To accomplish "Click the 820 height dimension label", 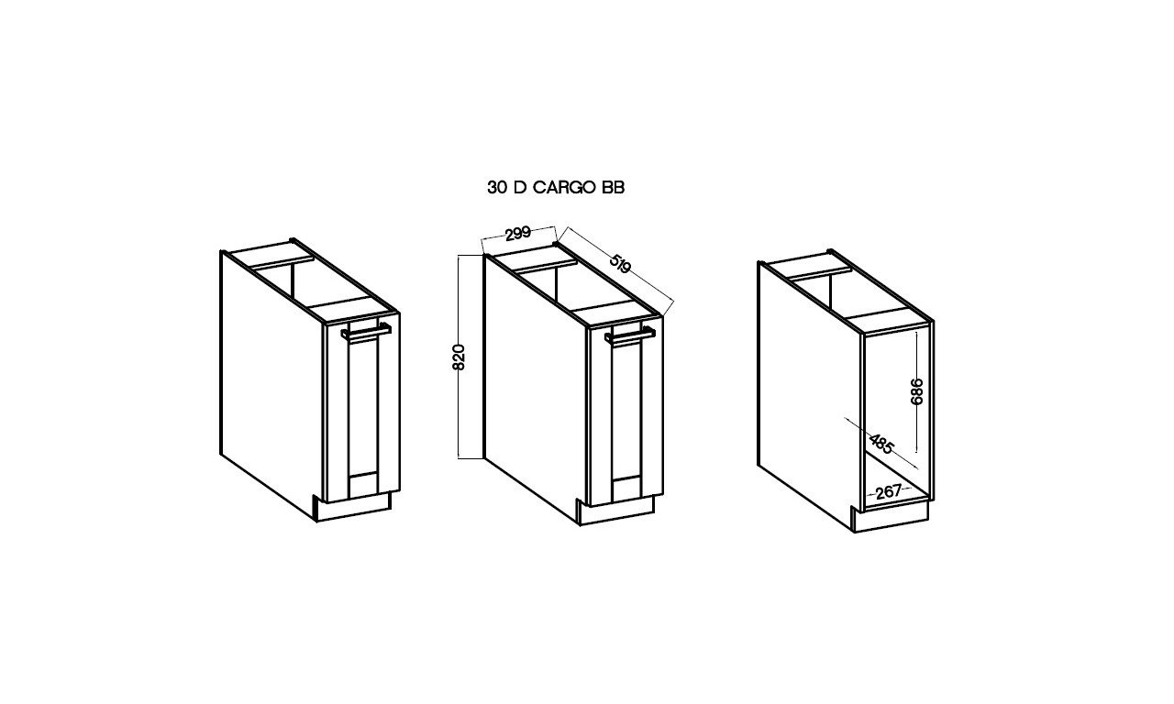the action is pyautogui.click(x=459, y=357).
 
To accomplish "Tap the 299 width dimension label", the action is pyautogui.click(x=518, y=233).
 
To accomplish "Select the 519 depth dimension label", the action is pyautogui.click(x=620, y=263).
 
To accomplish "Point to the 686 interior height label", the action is pyautogui.click(x=916, y=391).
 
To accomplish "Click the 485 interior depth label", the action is pyautogui.click(x=881, y=444).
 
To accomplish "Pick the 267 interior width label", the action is pyautogui.click(x=889, y=491).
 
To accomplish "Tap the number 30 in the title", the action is pyautogui.click(x=497, y=188).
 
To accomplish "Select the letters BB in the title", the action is pyautogui.click(x=614, y=188).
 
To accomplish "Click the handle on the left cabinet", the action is pyautogui.click(x=366, y=333).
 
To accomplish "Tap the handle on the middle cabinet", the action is pyautogui.click(x=629, y=335).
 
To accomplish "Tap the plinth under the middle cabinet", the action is pyautogui.click(x=615, y=511).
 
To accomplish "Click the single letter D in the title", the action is pyautogui.click(x=520, y=188).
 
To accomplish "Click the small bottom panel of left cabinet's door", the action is pyautogui.click(x=363, y=484).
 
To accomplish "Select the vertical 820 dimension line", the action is pyautogui.click(x=459, y=357).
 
